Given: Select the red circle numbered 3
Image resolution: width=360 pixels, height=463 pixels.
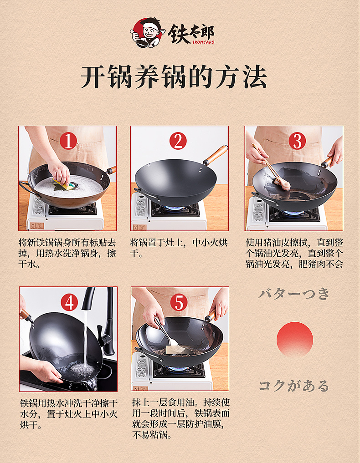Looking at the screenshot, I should pyautogui.click(x=296, y=142).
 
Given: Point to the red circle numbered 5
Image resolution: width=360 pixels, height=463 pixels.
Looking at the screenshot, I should pyautogui.click(x=179, y=302).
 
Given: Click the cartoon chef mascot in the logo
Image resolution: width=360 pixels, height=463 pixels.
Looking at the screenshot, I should pyautogui.click(x=147, y=33).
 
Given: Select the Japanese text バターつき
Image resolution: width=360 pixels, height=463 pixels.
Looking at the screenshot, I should pyautogui.click(x=294, y=294).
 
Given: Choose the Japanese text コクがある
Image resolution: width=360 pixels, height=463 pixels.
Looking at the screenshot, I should pyautogui.click(x=294, y=386).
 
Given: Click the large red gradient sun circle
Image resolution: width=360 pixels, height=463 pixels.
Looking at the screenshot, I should pyautogui.click(x=295, y=340).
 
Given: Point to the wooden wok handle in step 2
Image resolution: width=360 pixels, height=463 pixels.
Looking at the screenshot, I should pyautogui.click(x=216, y=155).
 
